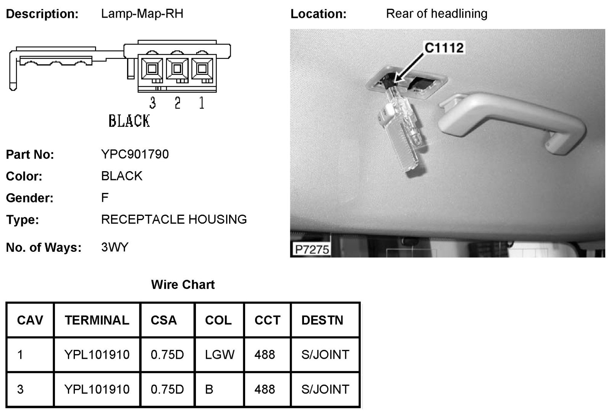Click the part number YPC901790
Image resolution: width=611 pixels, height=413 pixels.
coord(135,154)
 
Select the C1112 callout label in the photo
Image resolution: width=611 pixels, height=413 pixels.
coord(444,48)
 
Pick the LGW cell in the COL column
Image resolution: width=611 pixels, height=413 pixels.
coord(220,355)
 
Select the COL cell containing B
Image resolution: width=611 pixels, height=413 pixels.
coord(209,389)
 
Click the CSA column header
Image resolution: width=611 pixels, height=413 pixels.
coord(163,320)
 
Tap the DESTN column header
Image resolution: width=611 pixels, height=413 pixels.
coord(322,320)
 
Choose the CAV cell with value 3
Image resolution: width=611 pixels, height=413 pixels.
coord(21,389)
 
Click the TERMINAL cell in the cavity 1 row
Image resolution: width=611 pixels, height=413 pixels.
coord(97,355)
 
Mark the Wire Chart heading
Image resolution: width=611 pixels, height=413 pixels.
coord(183,285)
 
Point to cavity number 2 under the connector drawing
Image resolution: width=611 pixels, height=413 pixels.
coord(177,103)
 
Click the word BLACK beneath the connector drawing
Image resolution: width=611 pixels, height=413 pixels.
coord(129,121)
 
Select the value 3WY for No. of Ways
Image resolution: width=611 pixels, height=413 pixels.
coord(115,247)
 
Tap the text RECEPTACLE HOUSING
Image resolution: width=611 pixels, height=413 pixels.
coord(174,220)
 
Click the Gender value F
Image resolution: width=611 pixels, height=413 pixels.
coord(105,198)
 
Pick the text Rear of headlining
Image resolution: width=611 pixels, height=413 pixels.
coord(436,14)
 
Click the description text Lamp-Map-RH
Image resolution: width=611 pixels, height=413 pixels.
coord(142,14)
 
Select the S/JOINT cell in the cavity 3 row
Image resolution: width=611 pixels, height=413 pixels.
coord(325,389)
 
